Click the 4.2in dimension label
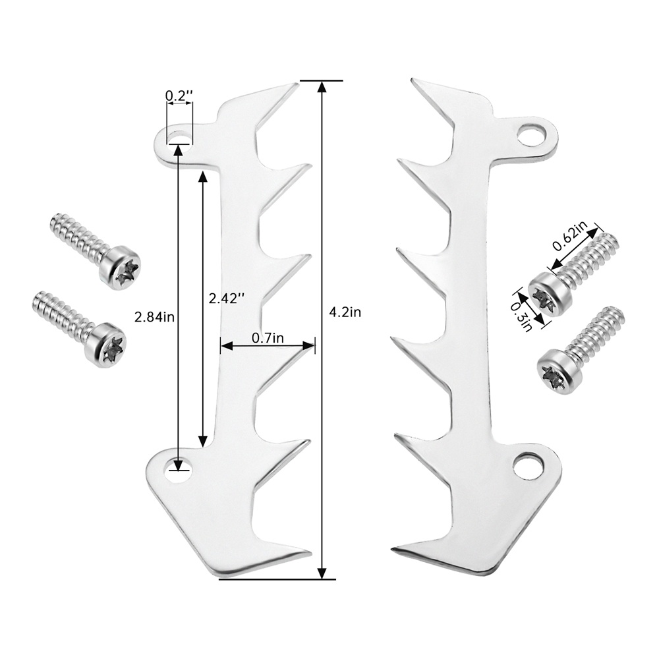[345, 312]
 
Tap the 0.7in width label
[268, 337]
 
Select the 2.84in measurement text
[154, 316]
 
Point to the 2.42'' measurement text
[227, 299]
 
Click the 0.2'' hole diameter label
[179, 96]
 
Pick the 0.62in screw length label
[569, 236]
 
